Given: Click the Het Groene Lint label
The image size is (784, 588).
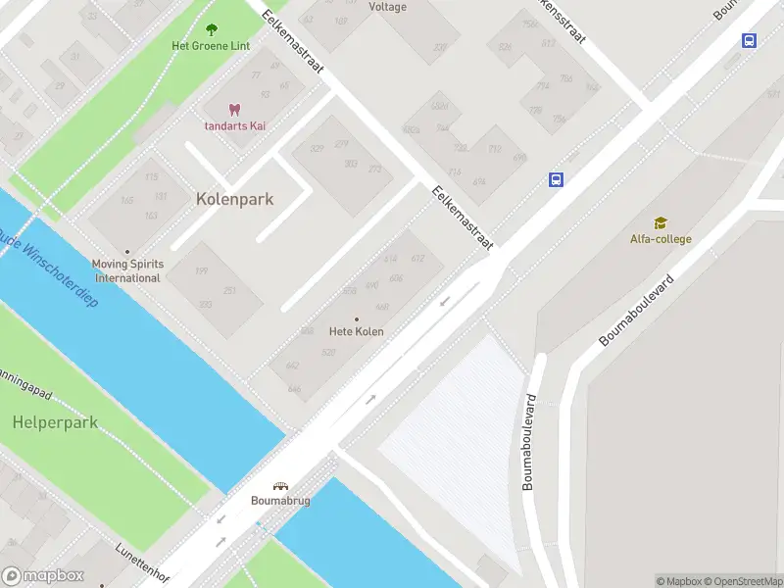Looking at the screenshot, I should tap(211, 46).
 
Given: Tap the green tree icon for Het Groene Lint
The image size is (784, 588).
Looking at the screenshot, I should tap(212, 29).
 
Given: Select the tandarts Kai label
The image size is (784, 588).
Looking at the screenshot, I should tap(235, 125).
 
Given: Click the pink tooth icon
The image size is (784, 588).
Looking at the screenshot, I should tap(234, 110).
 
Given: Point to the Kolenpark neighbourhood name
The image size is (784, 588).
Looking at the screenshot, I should tap(235, 199).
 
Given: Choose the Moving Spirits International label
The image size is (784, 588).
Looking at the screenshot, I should tap(126, 270).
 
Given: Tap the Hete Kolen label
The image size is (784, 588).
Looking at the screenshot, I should tap(356, 331).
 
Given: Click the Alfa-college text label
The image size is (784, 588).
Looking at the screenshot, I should tap(661, 239).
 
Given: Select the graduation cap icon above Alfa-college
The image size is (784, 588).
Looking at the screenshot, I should tap(661, 222).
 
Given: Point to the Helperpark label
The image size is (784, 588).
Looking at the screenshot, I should tap(55, 422).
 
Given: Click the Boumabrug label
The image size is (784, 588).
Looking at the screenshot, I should tap(281, 501).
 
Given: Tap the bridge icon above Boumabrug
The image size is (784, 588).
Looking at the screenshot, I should tap(281, 486).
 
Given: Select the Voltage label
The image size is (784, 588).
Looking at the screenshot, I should tap(388, 7).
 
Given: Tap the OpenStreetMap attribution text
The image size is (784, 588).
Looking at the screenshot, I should tap(742, 581).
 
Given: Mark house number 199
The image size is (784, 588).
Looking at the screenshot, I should tap(201, 271).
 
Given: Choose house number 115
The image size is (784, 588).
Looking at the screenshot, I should tap(151, 177).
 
